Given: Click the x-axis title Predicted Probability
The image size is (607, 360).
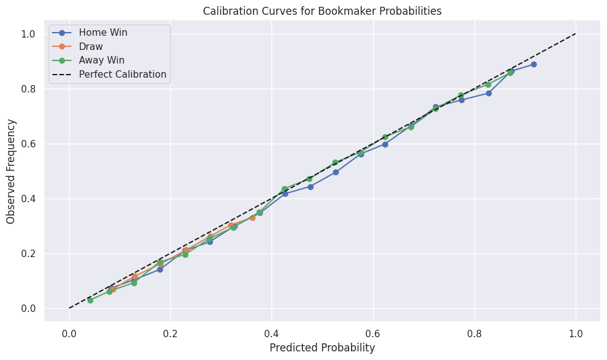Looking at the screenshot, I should pos(322,348).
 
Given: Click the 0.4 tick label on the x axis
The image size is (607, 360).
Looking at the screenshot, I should pos(272,333).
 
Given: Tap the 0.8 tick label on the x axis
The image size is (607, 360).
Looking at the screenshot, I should pos(474,333).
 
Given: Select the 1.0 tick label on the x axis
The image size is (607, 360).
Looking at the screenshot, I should pos(576,333).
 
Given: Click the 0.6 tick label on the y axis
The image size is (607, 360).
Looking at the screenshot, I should pos(28,144).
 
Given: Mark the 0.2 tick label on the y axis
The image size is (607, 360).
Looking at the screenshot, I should pos(28,253).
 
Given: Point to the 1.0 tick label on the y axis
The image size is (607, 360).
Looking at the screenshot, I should pos(28,34).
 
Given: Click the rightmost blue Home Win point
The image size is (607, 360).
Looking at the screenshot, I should pos(534,64).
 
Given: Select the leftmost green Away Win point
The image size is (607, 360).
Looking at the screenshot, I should pos(90,300).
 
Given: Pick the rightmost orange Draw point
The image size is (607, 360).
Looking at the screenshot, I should pos(252,218).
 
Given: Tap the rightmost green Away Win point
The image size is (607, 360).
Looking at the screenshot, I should pos(510,73).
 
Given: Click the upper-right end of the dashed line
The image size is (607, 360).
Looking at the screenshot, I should pos(576,34).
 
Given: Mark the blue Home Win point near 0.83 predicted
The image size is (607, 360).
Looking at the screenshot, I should pos(489,93).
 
